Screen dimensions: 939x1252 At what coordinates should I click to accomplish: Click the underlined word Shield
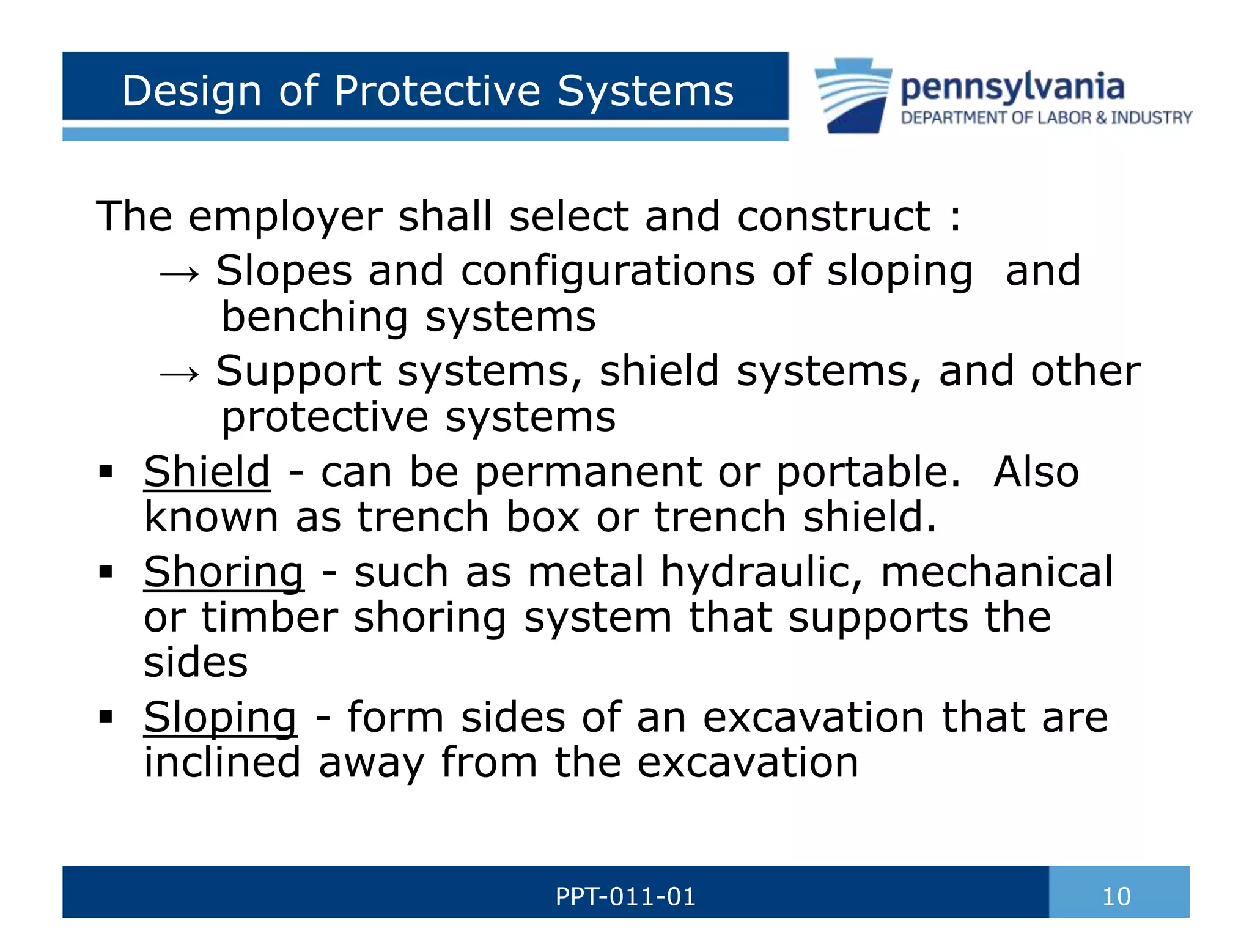pyautogui.click(x=207, y=472)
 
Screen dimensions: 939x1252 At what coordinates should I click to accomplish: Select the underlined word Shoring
pyautogui.click(x=223, y=573)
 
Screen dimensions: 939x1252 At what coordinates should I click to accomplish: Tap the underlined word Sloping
pyautogui.click(x=220, y=717)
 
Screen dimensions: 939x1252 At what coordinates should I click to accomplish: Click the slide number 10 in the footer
pyautogui.click(x=1116, y=897)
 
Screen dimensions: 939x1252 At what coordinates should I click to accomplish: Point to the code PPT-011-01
pyautogui.click(x=625, y=897)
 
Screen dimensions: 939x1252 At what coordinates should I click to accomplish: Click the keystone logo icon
pyautogui.click(x=853, y=95)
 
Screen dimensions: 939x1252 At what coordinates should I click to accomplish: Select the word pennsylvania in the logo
pyautogui.click(x=1012, y=87)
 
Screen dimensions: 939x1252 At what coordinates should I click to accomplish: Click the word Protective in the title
pyautogui.click(x=438, y=91)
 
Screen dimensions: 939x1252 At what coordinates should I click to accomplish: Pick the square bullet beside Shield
pyautogui.click(x=106, y=472)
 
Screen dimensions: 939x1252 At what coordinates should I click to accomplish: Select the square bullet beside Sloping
pyautogui.click(x=106, y=716)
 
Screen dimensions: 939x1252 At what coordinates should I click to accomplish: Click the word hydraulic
pyautogui.click(x=762, y=573)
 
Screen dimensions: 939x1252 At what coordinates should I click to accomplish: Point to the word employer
pyautogui.click(x=285, y=216)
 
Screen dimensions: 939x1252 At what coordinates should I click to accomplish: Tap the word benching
pyautogui.click(x=314, y=317)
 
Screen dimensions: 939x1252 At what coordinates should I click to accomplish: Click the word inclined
pyautogui.click(x=223, y=763)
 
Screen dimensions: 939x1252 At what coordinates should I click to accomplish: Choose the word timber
pyautogui.click(x=270, y=617)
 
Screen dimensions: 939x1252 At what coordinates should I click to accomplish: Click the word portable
pyautogui.click(x=868, y=472)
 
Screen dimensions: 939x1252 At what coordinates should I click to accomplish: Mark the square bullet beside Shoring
pyautogui.click(x=106, y=572)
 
